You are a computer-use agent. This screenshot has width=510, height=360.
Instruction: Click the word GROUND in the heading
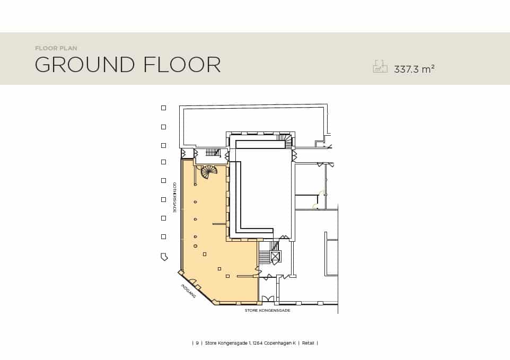[85, 64]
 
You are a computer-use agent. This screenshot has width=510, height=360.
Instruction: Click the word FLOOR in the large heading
[182, 64]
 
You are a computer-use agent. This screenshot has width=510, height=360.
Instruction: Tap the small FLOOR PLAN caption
[56, 48]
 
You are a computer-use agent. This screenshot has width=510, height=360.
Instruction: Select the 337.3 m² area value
[415, 69]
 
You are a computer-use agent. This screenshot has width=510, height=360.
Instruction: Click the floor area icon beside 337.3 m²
[380, 66]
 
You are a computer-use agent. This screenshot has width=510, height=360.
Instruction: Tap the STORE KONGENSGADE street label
[267, 311]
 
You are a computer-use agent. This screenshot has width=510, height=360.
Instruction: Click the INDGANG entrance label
[189, 291]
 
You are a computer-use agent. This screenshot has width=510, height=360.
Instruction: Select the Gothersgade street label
[174, 197]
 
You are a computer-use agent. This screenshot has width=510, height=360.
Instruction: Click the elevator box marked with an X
[275, 256]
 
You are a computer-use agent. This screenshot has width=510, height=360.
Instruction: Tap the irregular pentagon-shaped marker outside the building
[164, 257]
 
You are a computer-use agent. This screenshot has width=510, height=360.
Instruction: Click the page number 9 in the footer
[197, 343]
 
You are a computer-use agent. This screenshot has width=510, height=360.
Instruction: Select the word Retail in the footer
[308, 343]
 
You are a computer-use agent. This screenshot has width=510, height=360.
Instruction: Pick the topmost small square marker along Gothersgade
[164, 108]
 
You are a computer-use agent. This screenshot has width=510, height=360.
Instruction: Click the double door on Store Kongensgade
[268, 298]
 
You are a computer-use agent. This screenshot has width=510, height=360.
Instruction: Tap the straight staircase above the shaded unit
[213, 152]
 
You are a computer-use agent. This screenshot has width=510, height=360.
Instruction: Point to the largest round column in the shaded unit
[195, 246]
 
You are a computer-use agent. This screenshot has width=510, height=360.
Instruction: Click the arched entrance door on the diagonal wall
[193, 282]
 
